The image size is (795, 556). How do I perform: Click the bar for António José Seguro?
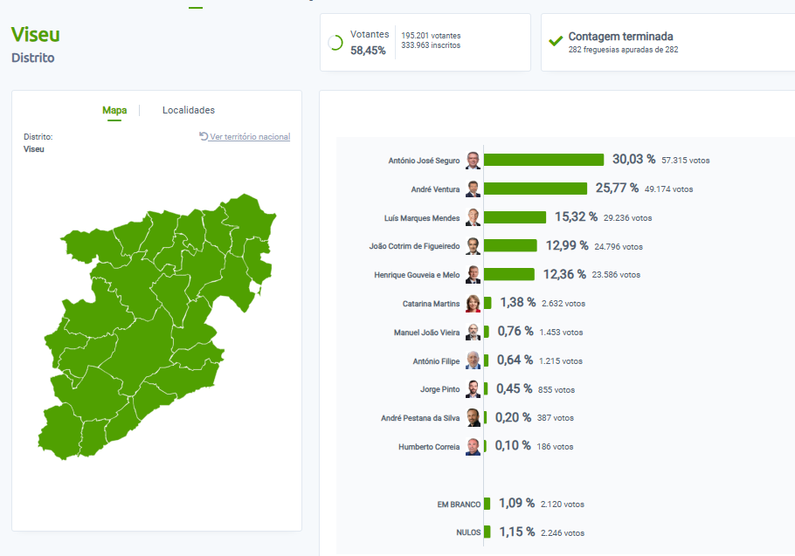543,160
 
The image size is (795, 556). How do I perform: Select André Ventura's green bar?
535,189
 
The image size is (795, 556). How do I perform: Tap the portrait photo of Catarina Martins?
473,304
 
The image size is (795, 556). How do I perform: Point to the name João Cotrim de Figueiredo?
414,246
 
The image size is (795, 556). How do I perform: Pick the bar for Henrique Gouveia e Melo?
508,274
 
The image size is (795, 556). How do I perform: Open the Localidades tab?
189,110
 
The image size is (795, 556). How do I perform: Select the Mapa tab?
114,110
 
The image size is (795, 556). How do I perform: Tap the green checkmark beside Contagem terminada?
555,40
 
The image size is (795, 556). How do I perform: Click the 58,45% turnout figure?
368,51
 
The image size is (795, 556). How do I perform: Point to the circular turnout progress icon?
335,43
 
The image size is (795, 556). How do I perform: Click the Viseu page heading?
36,35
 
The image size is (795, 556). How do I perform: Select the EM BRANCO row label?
459,505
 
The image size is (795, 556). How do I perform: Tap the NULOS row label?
468,532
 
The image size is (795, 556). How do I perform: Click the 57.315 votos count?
687,161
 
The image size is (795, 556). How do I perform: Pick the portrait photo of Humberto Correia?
473,447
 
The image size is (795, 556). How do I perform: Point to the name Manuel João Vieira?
426,333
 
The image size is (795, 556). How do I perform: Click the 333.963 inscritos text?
431,45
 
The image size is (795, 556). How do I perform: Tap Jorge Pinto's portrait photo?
473,389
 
